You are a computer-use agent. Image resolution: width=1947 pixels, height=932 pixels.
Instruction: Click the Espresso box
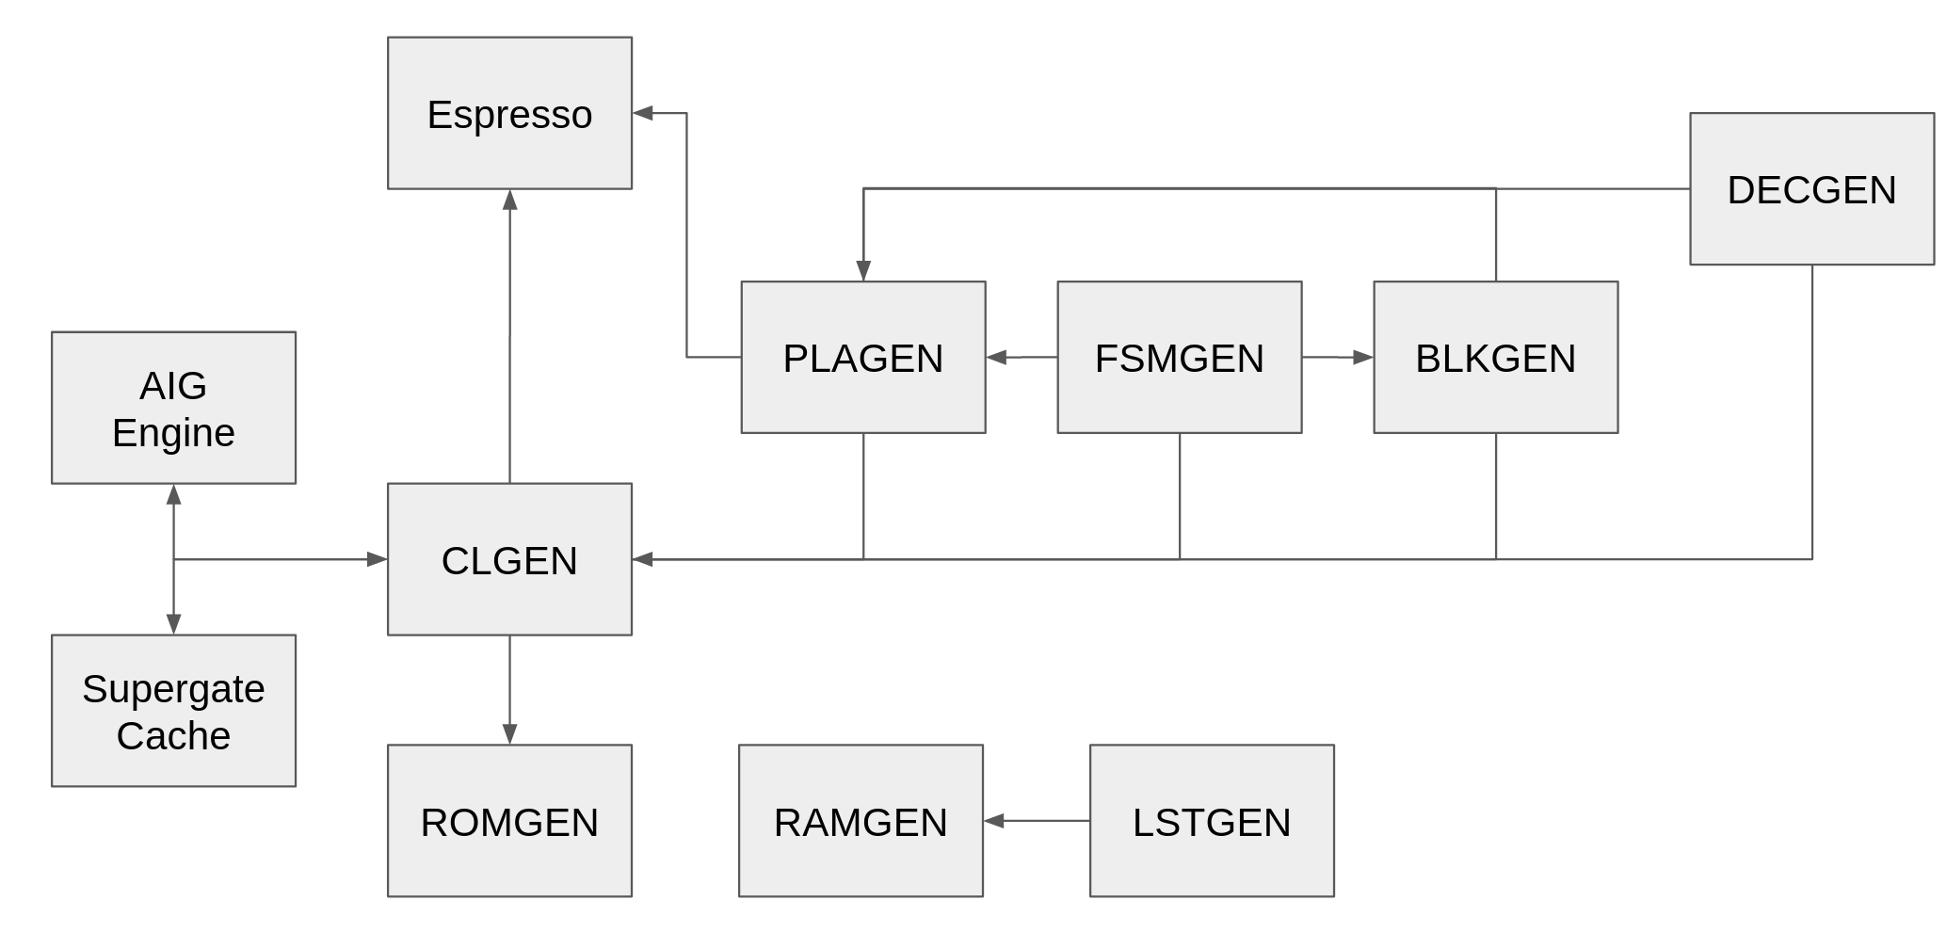[509, 113]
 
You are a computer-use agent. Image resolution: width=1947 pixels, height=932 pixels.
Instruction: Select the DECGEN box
[1811, 189]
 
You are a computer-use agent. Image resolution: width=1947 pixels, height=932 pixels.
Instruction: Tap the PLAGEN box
[862, 358]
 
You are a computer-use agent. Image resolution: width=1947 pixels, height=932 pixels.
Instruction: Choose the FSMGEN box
[1179, 358]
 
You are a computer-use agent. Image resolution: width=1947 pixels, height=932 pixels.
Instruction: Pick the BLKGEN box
[1495, 358]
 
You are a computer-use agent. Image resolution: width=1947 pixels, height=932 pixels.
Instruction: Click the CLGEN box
[509, 560]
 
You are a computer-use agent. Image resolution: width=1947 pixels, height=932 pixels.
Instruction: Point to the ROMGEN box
[509, 822]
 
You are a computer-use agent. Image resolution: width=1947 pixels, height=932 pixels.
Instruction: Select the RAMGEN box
[861, 822]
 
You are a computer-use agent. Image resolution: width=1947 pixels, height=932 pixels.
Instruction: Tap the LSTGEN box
[1212, 822]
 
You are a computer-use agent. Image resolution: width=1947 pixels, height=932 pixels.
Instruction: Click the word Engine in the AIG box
[173, 433]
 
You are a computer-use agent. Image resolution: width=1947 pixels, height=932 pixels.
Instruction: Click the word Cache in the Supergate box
[173, 735]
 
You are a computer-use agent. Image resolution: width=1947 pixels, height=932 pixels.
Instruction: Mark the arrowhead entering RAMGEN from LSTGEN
[994, 821]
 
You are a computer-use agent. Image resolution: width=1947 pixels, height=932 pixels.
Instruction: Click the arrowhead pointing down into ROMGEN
[509, 734]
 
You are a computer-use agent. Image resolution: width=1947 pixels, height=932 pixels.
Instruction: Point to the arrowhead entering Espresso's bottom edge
[509, 200]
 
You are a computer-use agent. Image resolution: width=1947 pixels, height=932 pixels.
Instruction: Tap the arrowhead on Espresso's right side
[643, 113]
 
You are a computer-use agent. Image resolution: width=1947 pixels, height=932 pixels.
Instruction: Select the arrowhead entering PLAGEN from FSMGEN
[997, 358]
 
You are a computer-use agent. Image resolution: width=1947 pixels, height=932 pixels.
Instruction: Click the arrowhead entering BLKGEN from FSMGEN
[1362, 358]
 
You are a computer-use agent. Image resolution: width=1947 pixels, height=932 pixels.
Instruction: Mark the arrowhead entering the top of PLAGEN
[863, 270]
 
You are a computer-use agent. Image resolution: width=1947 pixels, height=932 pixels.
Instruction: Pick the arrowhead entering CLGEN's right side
[643, 559]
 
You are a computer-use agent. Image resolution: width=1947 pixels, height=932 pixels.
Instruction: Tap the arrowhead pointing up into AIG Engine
[173, 495]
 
